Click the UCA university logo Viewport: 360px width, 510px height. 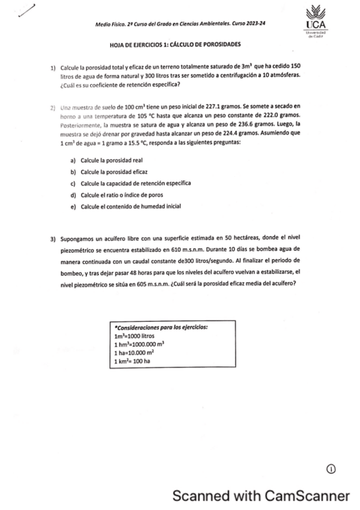(315, 22)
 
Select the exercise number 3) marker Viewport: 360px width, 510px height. (53, 239)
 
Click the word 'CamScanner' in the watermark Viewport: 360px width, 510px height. (307, 496)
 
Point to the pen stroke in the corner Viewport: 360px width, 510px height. (27, 12)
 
